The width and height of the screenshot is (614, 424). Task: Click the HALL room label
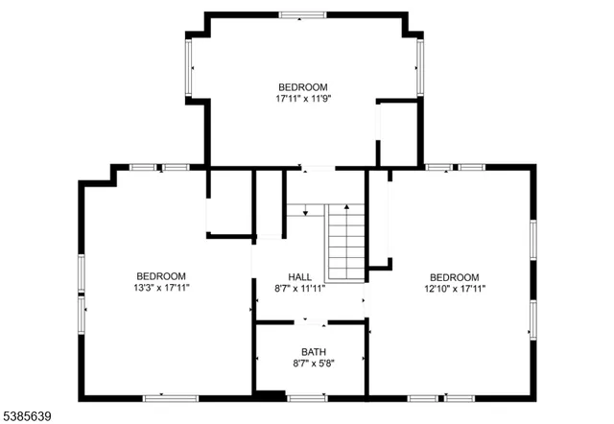[x=300, y=276]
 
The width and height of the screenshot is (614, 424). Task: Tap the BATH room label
[x=313, y=352]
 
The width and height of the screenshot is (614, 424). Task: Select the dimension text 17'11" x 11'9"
[x=303, y=98]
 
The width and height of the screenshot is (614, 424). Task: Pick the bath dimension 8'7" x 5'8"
[x=313, y=364]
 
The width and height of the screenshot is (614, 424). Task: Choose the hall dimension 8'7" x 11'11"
[x=300, y=288]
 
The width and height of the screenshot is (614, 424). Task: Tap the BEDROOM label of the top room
[x=303, y=86]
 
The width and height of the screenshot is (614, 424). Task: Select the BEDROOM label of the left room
[x=161, y=276]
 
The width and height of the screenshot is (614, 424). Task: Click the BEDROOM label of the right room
[x=454, y=276]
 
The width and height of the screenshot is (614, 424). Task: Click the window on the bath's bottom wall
[x=307, y=397]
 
